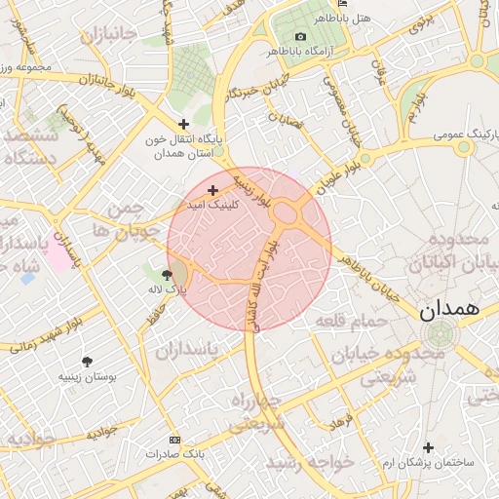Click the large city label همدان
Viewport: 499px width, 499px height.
pyautogui.click(x=449, y=311)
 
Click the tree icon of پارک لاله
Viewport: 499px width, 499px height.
pyautogui.click(x=168, y=275)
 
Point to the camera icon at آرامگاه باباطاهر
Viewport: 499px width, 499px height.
pyautogui.click(x=300, y=36)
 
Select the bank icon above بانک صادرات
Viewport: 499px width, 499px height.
pyautogui.click(x=174, y=441)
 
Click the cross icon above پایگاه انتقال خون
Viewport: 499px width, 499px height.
pyautogui.click(x=184, y=124)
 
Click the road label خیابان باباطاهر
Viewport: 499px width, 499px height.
pyautogui.click(x=367, y=278)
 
